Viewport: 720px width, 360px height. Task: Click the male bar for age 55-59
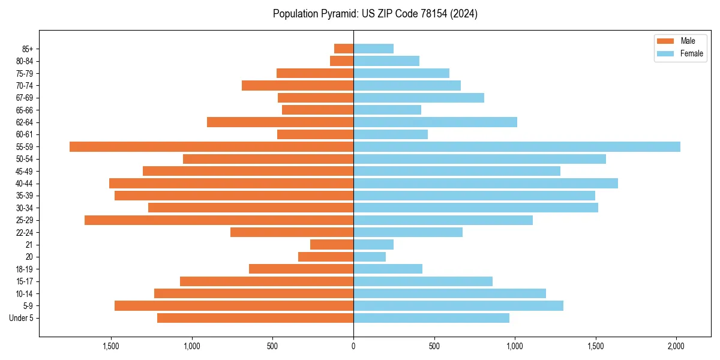pos(211,146)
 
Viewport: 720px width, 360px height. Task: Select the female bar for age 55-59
pos(517,146)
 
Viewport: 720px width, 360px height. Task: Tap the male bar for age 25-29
pos(219,220)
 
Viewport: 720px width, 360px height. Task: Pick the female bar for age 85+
pos(373,49)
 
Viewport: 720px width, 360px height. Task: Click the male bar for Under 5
pos(255,318)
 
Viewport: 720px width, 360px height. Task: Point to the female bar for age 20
pos(370,257)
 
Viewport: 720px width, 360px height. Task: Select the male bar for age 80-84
pos(341,61)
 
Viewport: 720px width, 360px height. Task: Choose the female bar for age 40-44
pos(485,183)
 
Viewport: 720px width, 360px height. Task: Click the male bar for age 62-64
pos(280,122)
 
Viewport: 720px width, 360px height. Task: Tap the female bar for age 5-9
pos(458,306)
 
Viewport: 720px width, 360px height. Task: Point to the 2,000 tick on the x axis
pos(676,346)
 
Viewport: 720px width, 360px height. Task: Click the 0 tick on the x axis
pos(353,346)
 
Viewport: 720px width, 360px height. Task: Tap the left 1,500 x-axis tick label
pos(111,346)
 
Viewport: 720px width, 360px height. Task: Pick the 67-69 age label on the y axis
pos(25,98)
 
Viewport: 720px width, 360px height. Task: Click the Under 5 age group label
pos(22,318)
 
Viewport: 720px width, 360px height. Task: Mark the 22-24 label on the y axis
pos(25,232)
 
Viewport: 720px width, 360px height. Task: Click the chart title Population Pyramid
pos(375,14)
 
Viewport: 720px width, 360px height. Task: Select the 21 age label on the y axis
pos(29,245)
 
